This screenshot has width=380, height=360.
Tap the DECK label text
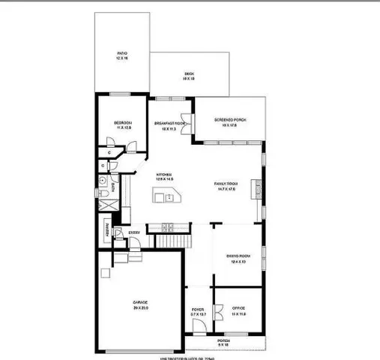[x=190, y=75]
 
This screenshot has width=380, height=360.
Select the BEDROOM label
[x=124, y=124]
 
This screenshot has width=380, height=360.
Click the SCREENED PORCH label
[x=229, y=121]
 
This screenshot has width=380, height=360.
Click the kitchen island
[x=164, y=197]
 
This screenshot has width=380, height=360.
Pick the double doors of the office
[x=219, y=311]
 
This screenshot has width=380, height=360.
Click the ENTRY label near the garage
[x=134, y=232]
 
